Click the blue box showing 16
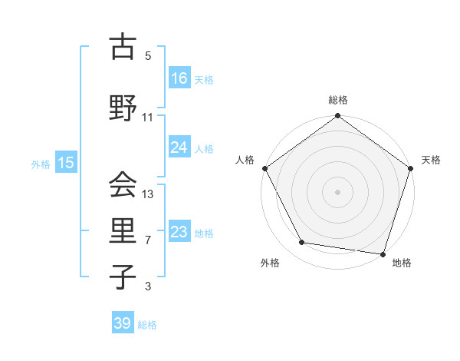tap(179, 78)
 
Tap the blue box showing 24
tap(179, 147)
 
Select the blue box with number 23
tap(179, 232)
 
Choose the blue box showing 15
tap(66, 162)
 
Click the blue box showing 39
tap(123, 323)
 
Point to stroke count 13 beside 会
tap(149, 194)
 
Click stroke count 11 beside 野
tap(148, 118)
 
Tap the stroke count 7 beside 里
tap(148, 240)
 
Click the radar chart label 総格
tap(338, 100)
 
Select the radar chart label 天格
tap(431, 160)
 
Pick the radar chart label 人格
tap(245, 160)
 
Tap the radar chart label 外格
tap(270, 263)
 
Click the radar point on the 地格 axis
tap(383, 253)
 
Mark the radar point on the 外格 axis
tap(302, 243)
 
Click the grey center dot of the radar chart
tap(338, 191)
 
